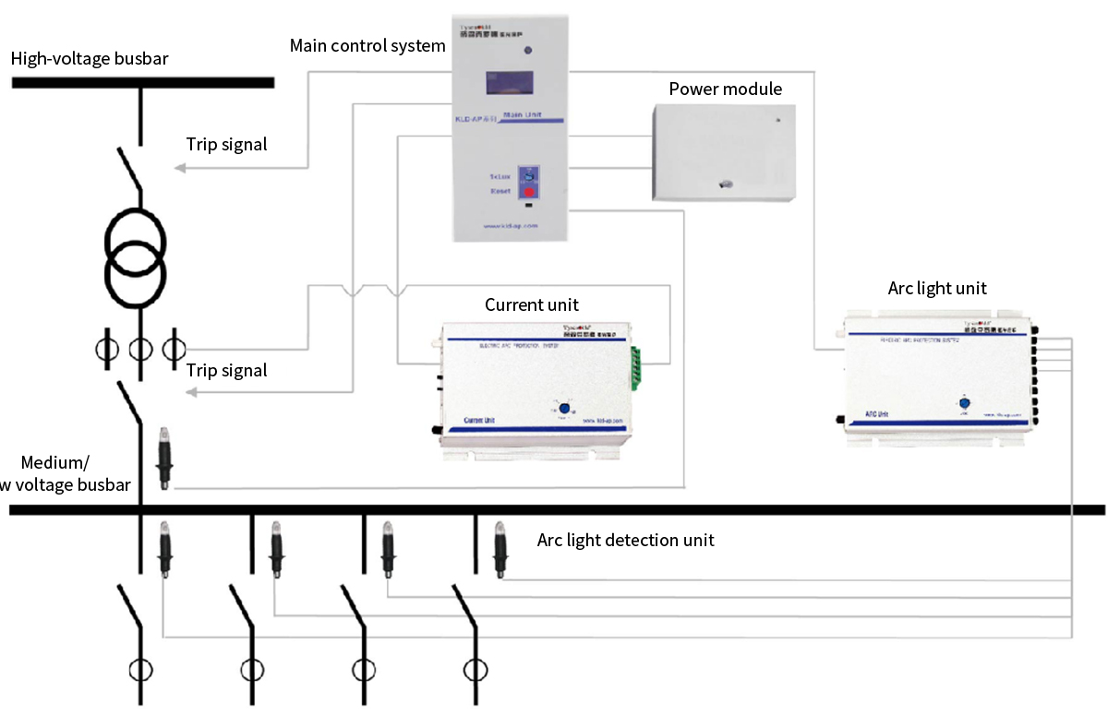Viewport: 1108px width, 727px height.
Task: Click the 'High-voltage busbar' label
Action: click(x=90, y=59)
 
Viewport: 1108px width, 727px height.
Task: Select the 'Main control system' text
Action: click(x=367, y=45)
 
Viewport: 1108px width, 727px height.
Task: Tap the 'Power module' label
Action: click(x=725, y=89)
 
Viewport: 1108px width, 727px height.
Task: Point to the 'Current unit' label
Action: click(x=532, y=304)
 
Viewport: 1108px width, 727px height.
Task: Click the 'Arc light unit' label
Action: click(x=937, y=288)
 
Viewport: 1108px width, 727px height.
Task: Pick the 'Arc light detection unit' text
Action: click(x=625, y=540)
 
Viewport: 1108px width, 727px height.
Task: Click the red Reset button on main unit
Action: click(x=530, y=193)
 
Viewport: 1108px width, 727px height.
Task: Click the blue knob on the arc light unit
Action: click(x=964, y=403)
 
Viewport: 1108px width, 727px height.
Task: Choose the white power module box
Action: click(x=724, y=152)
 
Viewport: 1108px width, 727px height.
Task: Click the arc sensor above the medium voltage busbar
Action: click(x=164, y=458)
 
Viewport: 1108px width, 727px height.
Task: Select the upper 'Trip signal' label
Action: click(x=226, y=144)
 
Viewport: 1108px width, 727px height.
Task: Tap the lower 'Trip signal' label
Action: click(x=226, y=370)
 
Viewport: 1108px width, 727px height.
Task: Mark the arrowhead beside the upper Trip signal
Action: click(x=181, y=168)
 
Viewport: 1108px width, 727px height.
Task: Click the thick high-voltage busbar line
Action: click(x=143, y=82)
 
